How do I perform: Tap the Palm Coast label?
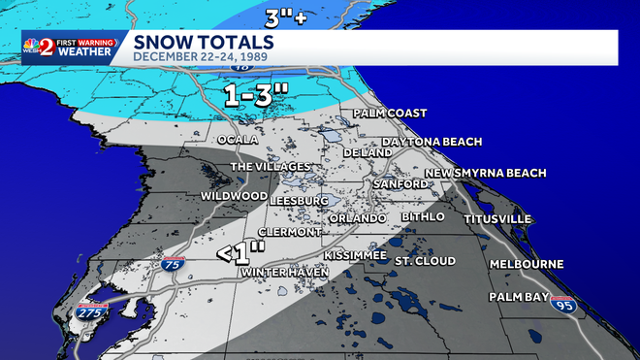click(x=390, y=114)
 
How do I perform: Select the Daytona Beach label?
click(x=432, y=142)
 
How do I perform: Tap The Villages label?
click(x=270, y=167)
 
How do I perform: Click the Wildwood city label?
click(x=234, y=196)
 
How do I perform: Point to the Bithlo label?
click(x=422, y=215)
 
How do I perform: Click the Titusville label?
click(x=497, y=219)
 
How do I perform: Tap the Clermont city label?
click(x=290, y=233)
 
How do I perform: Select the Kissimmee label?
click(x=355, y=254)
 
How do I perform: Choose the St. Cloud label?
click(x=425, y=261)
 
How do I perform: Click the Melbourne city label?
click(x=527, y=264)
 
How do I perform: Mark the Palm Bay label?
click(x=519, y=297)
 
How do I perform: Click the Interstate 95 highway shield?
click(x=561, y=305)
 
